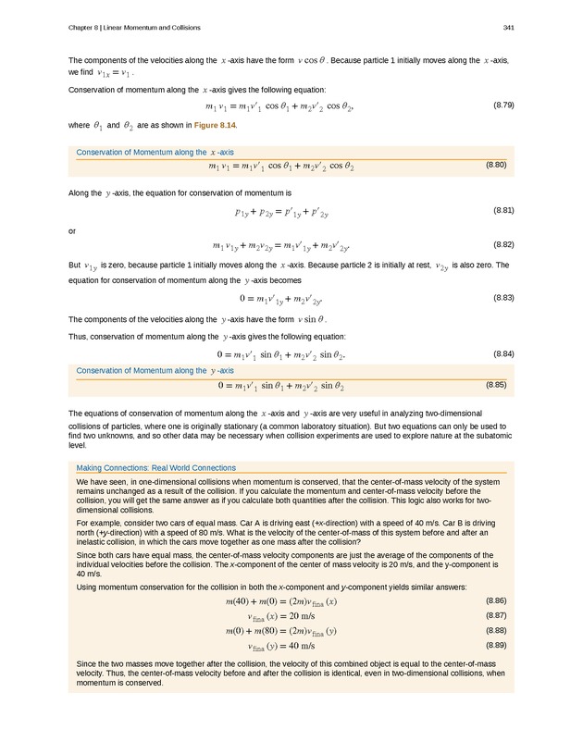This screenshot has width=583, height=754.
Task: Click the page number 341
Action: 509,27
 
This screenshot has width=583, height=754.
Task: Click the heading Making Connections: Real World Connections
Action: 156,468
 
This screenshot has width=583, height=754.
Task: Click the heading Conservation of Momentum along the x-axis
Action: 155,152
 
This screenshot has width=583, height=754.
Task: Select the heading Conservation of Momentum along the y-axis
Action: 155,371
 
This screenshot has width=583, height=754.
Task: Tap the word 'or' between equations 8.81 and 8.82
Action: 73,230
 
